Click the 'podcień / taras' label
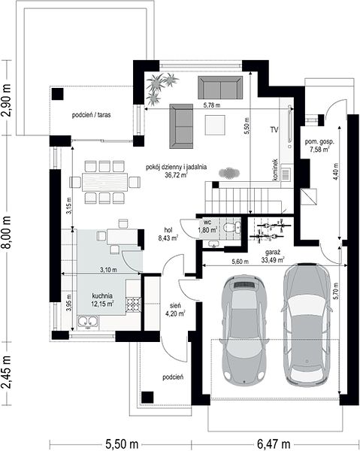click(x=91, y=115)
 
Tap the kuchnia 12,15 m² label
click(x=103, y=300)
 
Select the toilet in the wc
click(x=231, y=227)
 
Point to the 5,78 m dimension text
click(x=212, y=105)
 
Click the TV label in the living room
click(x=274, y=130)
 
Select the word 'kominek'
click(x=275, y=170)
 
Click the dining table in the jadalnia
click(x=104, y=182)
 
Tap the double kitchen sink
click(x=88, y=322)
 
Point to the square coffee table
click(x=215, y=125)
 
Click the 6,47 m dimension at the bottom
click(x=274, y=444)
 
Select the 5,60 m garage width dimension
click(x=240, y=262)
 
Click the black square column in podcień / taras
click(x=58, y=94)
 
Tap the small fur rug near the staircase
click(x=229, y=173)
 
